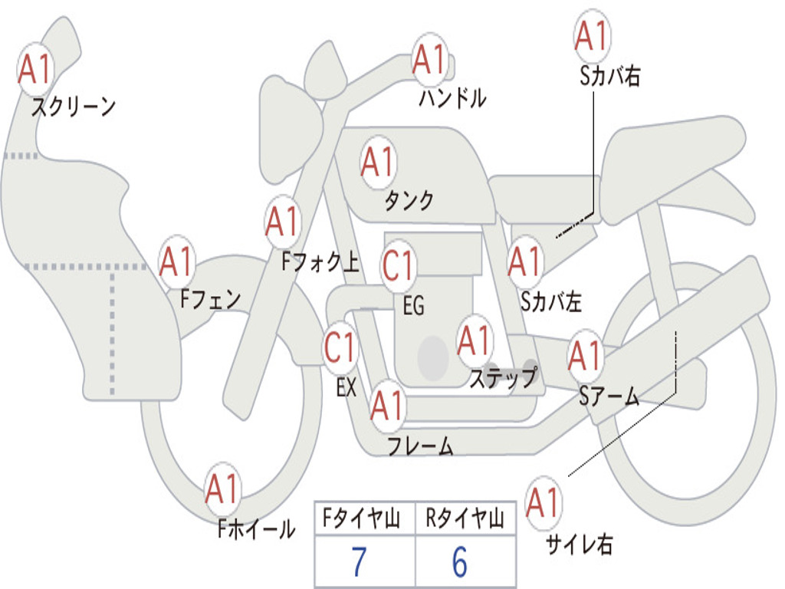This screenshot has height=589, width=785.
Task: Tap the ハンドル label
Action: coord(452,98)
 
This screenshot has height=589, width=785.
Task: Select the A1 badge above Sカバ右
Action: coord(591,36)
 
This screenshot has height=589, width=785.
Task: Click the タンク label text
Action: coord(409,200)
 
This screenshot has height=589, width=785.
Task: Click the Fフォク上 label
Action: coord(320,263)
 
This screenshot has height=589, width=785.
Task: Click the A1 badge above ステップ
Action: coord(475,341)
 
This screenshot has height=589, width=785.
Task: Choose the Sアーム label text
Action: coord(609,396)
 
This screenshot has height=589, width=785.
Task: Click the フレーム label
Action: coord(420,446)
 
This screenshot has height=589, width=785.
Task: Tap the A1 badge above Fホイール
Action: coord(223,489)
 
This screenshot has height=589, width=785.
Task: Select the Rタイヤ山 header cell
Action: coord(464,519)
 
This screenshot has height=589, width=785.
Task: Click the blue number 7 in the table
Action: coord(358,562)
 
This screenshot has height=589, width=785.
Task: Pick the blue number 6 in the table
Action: coord(459,562)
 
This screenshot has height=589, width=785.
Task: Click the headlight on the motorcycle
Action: coord(279,127)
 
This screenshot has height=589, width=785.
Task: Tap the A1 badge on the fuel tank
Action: coord(378,163)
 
